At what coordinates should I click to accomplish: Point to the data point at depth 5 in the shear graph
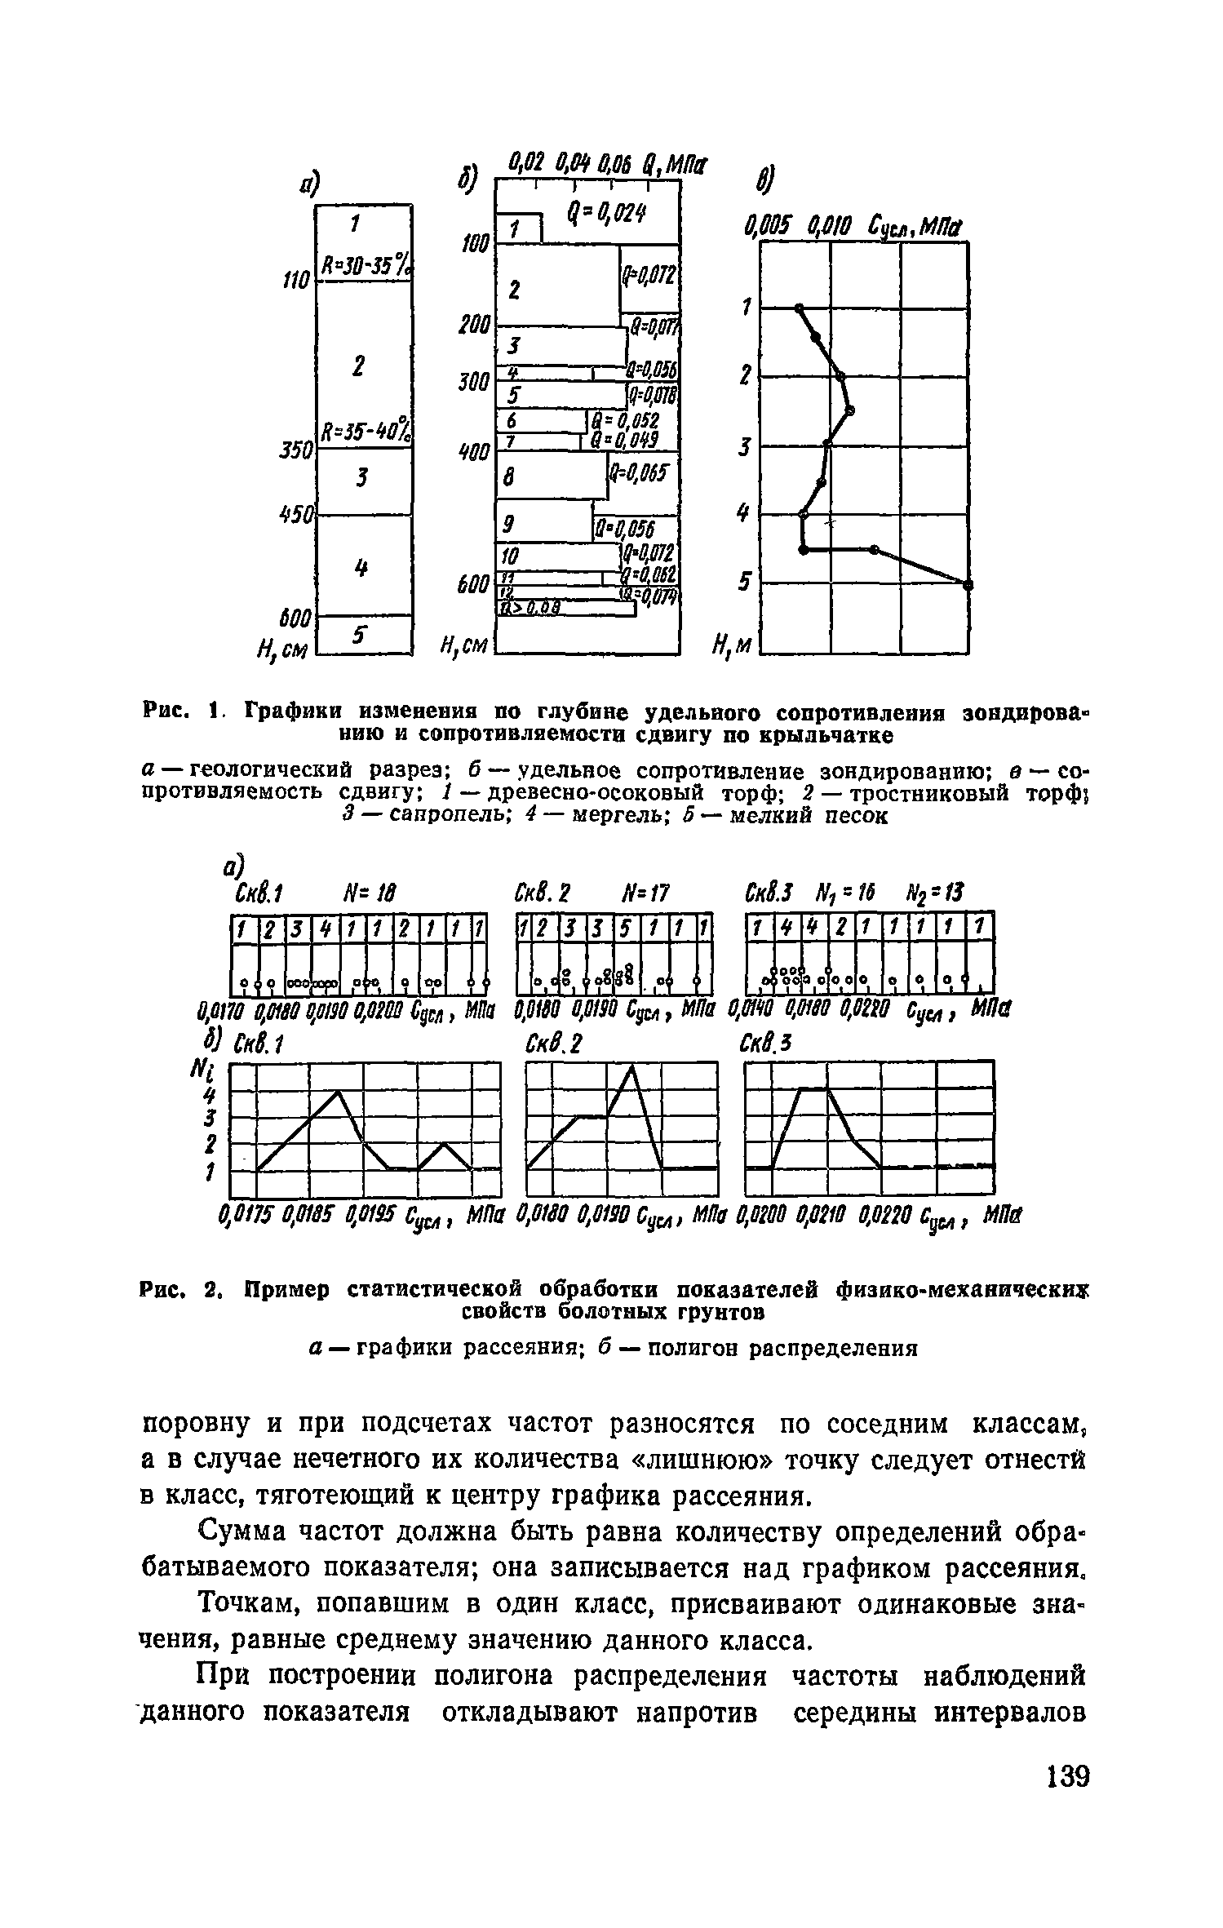click(x=968, y=584)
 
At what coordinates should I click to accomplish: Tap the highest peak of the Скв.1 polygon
click(x=338, y=1091)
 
